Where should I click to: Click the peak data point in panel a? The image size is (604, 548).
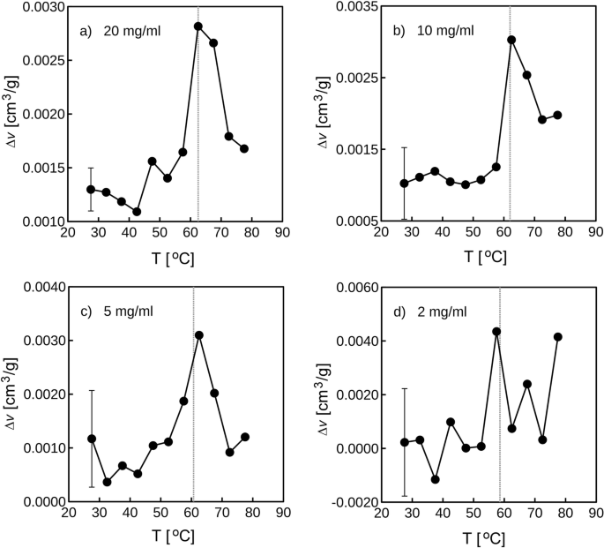(x=198, y=26)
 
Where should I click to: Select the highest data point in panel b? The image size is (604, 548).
(x=511, y=40)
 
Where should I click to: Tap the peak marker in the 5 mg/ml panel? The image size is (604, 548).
(x=198, y=335)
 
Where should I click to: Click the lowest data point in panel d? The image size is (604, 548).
(x=435, y=479)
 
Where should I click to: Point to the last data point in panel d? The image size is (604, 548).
(x=557, y=336)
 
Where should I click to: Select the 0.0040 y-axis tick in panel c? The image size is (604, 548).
(x=37, y=288)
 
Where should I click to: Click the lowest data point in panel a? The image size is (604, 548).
(x=137, y=212)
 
